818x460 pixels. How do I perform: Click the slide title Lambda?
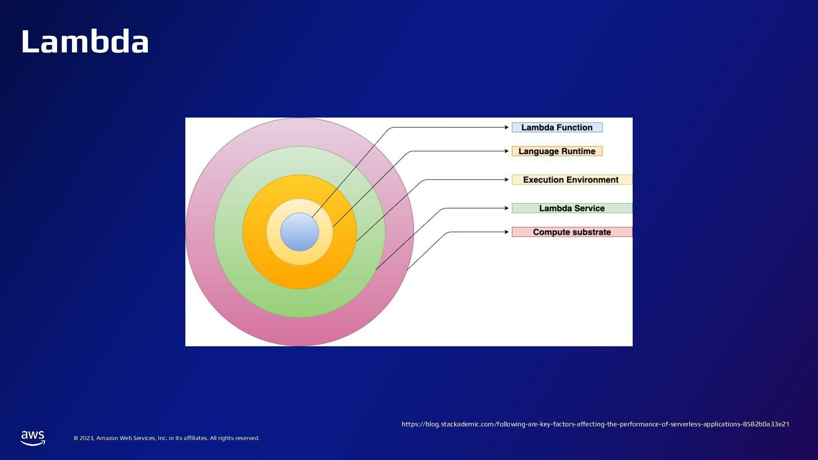[x=85, y=42]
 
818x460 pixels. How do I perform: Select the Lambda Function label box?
[x=557, y=127]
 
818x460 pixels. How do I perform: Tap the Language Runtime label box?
[x=557, y=151]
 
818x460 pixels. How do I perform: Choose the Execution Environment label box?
[x=572, y=180]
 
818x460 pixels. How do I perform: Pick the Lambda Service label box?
[x=572, y=208]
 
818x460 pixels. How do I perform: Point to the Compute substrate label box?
[x=572, y=232]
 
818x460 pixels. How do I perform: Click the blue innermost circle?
[x=300, y=232]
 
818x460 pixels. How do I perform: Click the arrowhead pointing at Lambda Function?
[x=507, y=127]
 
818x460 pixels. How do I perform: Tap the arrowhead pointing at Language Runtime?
[x=507, y=151]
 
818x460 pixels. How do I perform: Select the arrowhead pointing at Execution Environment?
[x=507, y=180]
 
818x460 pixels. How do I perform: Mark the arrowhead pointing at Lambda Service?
[x=507, y=208]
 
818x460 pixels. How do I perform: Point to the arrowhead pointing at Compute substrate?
[x=507, y=232]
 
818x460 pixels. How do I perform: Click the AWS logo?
[x=33, y=438]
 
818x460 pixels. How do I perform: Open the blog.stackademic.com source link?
[x=595, y=424]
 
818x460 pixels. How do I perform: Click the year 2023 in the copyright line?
[x=86, y=438]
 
